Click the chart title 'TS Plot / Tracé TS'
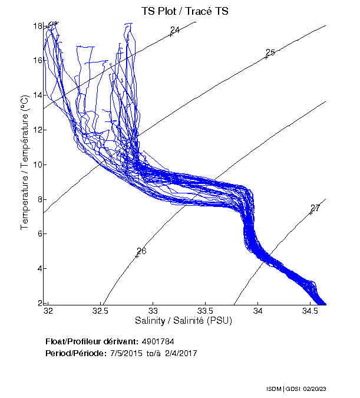click(185, 11)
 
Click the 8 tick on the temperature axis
click(38, 199)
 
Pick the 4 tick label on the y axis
click(38, 269)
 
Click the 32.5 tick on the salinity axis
click(101, 310)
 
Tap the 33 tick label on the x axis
click(153, 310)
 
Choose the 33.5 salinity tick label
click(205, 310)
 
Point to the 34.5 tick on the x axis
click(309, 310)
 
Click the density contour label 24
click(174, 30)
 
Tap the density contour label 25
click(270, 53)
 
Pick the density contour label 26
click(141, 251)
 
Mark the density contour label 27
click(315, 208)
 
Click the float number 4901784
click(157, 341)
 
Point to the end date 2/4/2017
click(180, 353)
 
